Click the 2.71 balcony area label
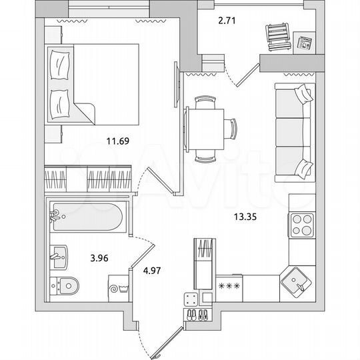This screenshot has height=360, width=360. pos(228,20)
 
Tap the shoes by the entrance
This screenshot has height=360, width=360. pos(198,313)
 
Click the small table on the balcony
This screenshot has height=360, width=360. pos(304,43)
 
